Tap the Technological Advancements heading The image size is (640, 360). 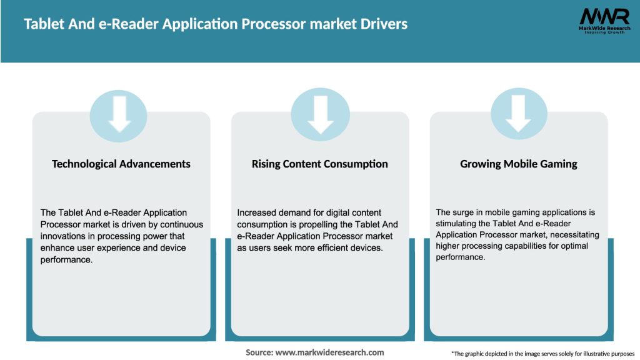[x=121, y=164]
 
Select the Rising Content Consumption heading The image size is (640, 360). [x=320, y=164]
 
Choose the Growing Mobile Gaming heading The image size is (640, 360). [x=519, y=164]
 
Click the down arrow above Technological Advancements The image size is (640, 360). [x=119, y=114]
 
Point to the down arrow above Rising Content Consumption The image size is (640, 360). [x=320, y=114]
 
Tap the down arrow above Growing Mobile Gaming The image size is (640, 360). [x=519, y=114]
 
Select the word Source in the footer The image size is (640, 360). [x=259, y=352]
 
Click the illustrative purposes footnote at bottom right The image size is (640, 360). [x=542, y=354]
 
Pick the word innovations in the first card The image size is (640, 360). [x=62, y=236]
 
